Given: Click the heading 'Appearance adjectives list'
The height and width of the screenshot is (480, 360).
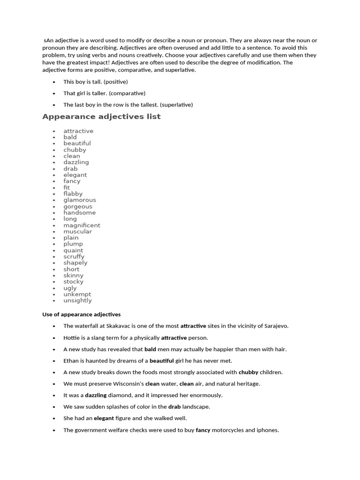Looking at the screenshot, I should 101,117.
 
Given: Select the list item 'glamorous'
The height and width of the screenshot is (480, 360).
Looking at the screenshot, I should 80,200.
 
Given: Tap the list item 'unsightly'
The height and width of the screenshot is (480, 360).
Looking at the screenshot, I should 78,300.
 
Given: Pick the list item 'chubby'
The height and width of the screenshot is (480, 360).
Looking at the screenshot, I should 75,150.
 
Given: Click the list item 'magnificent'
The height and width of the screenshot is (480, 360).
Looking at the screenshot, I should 82,225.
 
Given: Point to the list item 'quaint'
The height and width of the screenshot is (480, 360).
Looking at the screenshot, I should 73,250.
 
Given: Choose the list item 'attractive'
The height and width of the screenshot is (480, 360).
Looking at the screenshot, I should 78,131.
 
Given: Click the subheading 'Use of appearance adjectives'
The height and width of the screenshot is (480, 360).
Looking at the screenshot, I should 82,315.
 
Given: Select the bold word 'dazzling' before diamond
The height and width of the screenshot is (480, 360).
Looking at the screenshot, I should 96,395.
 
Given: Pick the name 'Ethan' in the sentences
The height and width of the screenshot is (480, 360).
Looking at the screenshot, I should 72,361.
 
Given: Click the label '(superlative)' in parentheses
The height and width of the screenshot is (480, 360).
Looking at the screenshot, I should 176,105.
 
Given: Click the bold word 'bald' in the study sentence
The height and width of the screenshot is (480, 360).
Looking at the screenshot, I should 150,349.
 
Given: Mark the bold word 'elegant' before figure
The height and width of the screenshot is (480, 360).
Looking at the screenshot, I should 104,418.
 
